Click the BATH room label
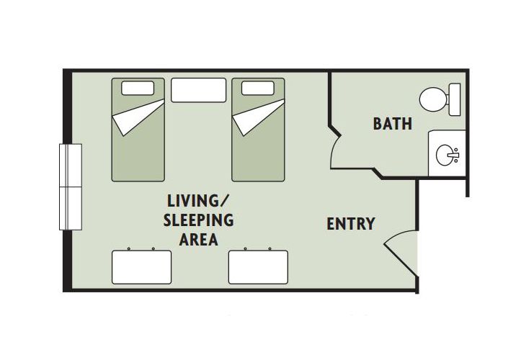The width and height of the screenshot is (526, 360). point(392,123)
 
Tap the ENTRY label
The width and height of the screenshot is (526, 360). point(351,224)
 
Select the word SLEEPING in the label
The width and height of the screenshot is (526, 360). point(199,220)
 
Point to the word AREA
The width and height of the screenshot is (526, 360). point(198,240)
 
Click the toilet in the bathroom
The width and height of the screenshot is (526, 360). point(434,99)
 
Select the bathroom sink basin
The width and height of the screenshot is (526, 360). point(447,153)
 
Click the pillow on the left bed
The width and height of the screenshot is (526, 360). point(138,89)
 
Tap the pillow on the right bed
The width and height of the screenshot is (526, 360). point(257,89)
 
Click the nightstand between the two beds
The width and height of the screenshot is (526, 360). point(197,90)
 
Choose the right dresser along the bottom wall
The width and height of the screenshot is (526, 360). point(258,266)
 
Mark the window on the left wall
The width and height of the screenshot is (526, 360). point(71,186)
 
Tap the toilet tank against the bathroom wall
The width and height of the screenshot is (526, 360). point(454,99)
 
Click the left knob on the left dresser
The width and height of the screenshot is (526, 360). point(128,249)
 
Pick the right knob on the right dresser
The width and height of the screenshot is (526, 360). point(270,249)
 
